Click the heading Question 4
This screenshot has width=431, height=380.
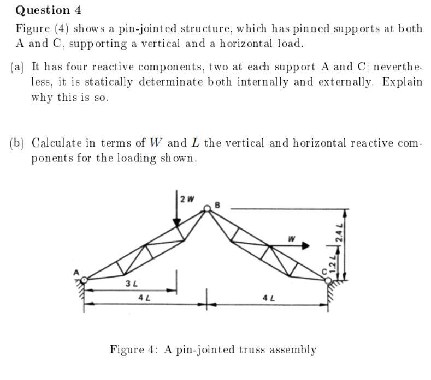tap(43, 10)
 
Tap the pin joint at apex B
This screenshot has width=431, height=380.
tap(208, 208)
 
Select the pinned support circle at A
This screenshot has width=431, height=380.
tap(85, 280)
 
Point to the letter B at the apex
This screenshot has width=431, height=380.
tap(217, 205)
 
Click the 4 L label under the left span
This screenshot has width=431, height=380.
tap(144, 298)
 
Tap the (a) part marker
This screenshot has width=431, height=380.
tap(18, 67)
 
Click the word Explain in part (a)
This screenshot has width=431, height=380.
tap(402, 82)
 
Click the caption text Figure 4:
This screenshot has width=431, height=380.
tap(134, 349)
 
